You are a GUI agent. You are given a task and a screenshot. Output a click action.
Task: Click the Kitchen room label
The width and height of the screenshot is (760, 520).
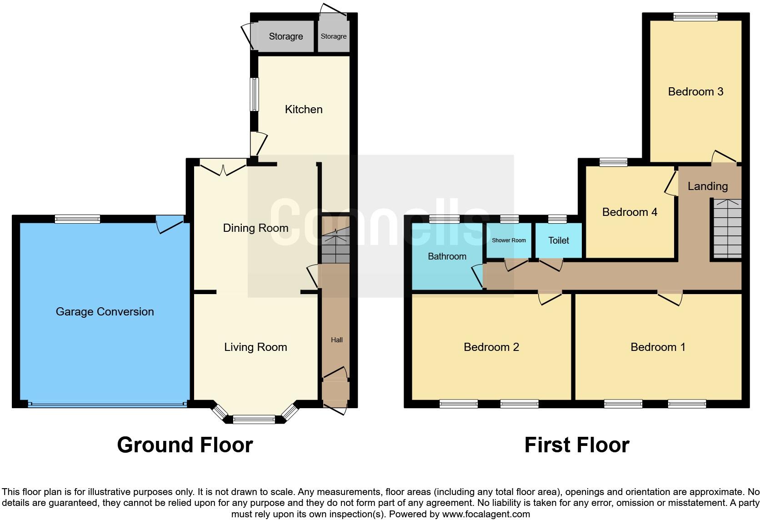pos(304,109)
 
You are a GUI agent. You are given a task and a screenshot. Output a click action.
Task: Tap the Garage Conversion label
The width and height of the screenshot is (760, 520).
pos(105,311)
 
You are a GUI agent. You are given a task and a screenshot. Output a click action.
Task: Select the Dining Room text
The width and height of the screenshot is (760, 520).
pos(255,228)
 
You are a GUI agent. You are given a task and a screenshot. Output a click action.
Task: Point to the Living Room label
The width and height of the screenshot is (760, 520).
pos(255,347)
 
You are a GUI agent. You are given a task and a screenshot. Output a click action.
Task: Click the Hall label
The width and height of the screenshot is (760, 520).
pos(337,340)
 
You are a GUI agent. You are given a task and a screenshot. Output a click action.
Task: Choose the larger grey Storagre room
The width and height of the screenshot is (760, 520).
pos(285,36)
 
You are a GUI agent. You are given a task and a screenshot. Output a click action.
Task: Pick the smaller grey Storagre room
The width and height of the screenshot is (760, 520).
pos(334,36)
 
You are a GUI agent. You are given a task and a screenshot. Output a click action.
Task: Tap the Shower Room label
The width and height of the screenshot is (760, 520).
pos(509,240)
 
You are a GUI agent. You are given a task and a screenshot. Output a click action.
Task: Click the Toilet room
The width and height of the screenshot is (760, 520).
pos(559,240)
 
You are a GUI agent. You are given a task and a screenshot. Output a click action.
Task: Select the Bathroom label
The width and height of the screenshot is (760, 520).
pos(447,256)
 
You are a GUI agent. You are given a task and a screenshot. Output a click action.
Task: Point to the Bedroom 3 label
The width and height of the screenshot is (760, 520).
pos(695,91)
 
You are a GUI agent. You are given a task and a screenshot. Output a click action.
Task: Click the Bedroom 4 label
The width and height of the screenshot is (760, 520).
pos(630,212)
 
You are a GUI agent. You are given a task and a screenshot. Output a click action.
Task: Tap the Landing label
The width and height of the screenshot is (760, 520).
pos(707,186)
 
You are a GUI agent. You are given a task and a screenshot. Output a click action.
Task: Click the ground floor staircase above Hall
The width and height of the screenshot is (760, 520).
pos(335,246)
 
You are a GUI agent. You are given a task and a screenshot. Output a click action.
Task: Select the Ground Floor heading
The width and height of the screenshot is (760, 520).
pos(185,445)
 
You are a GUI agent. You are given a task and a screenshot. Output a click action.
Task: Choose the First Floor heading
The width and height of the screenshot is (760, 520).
pos(576,445)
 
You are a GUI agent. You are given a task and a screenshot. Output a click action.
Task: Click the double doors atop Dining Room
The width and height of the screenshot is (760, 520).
pos(223,168)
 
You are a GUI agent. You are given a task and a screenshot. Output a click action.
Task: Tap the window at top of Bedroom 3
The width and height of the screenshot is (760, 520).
pos(695,17)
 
